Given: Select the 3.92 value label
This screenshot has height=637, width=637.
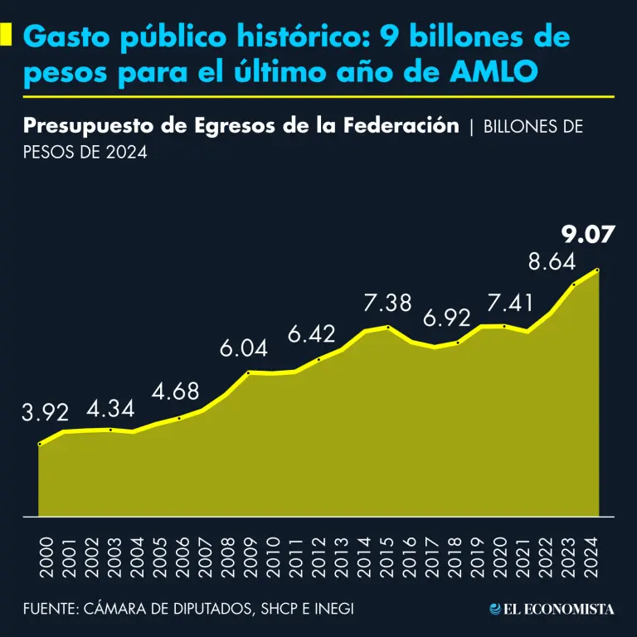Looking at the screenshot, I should point(46,412).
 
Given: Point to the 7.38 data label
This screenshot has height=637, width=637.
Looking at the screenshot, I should point(387,304).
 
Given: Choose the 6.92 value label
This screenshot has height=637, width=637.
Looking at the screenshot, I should point(447,318).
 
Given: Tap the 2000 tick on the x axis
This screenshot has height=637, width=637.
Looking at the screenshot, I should point(45,557).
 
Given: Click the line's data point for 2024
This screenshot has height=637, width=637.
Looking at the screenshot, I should point(598,270).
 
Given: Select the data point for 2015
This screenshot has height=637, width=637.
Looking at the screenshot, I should point(388,326).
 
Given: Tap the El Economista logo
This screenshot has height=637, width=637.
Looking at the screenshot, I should point(552,610).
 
